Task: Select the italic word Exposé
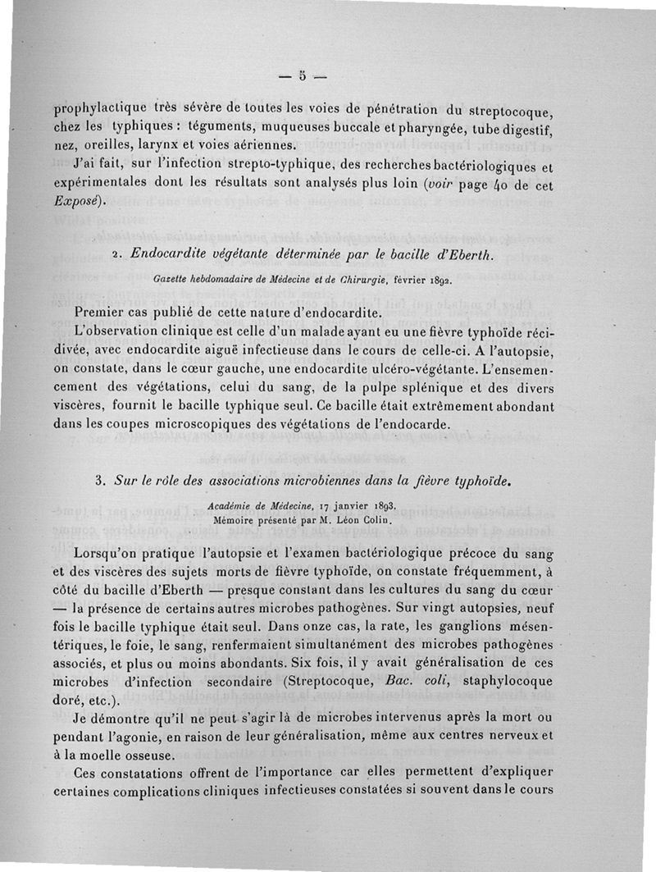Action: (77, 201)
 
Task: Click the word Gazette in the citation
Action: (172, 281)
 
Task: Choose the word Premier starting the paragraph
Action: (100, 313)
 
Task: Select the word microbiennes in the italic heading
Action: (307, 481)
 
